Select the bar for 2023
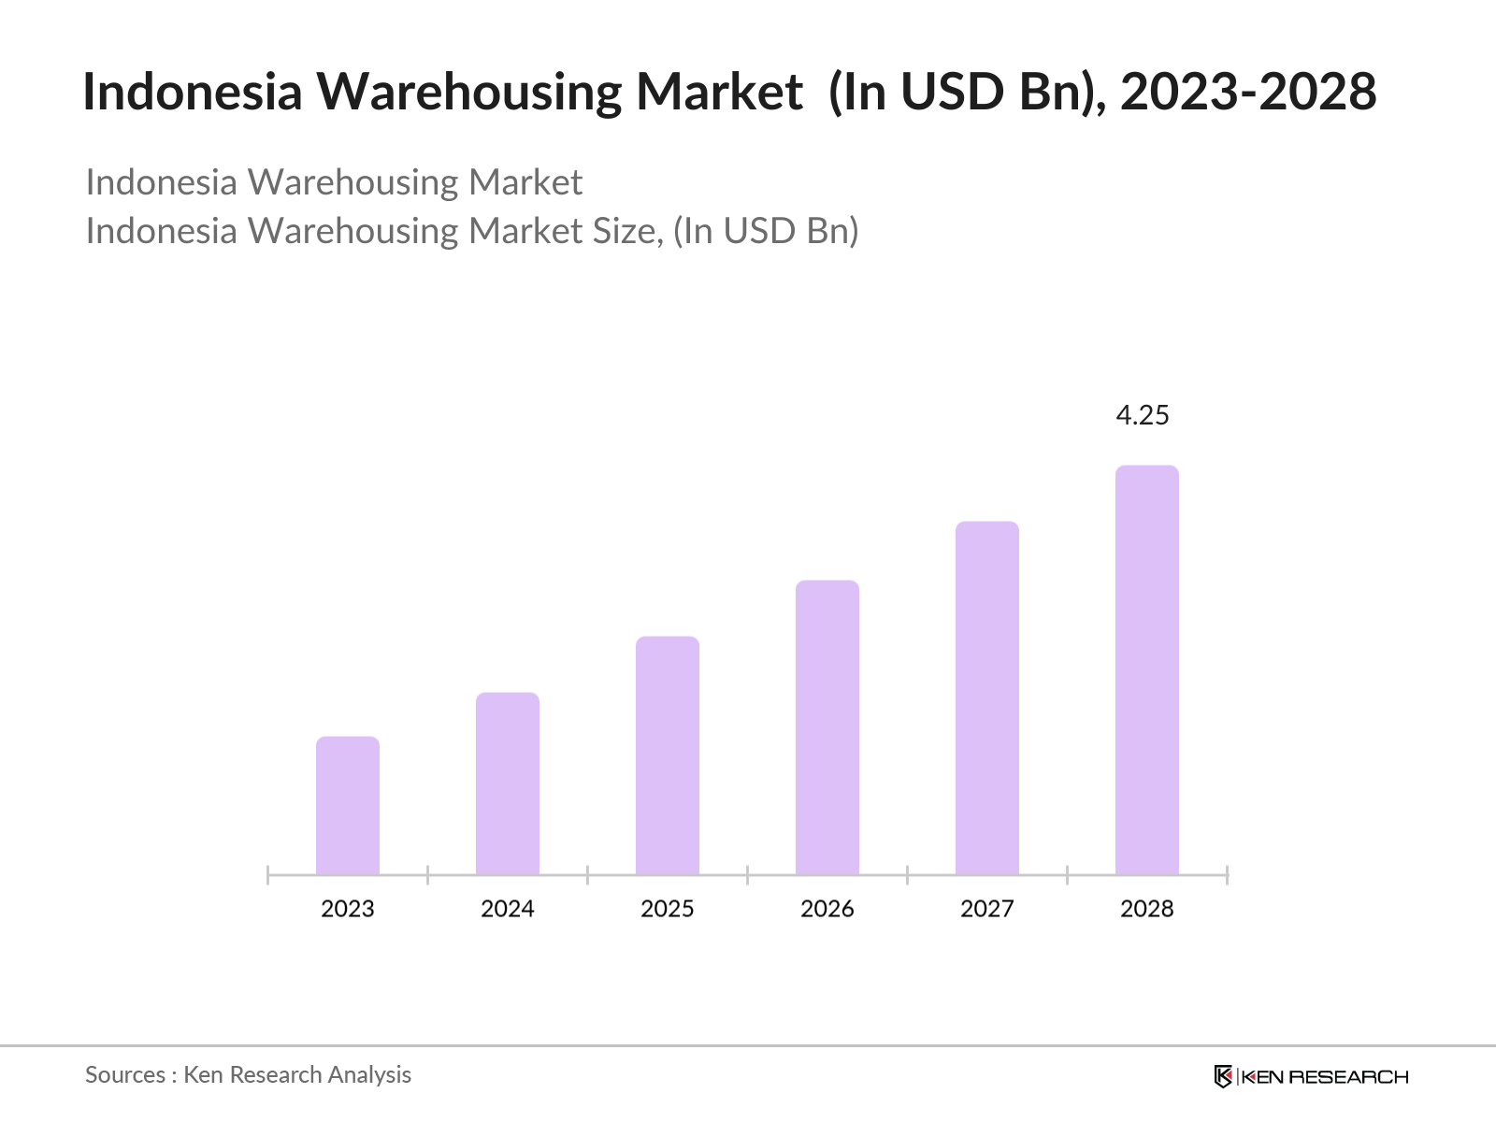pos(348,805)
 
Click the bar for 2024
pos(508,784)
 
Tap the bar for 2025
pos(668,755)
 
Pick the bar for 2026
pos(827,727)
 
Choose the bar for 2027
pos(987,698)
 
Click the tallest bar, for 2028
pos(1147,669)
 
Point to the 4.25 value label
pos(1143,415)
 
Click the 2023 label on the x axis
pos(348,909)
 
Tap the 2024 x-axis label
pos(508,909)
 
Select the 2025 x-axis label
pos(668,909)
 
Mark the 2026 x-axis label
pos(827,909)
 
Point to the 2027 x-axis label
pos(987,909)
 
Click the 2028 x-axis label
pos(1147,909)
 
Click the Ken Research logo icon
pos(1223,1076)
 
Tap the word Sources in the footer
pos(125,1075)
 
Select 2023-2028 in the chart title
pos(1248,92)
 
